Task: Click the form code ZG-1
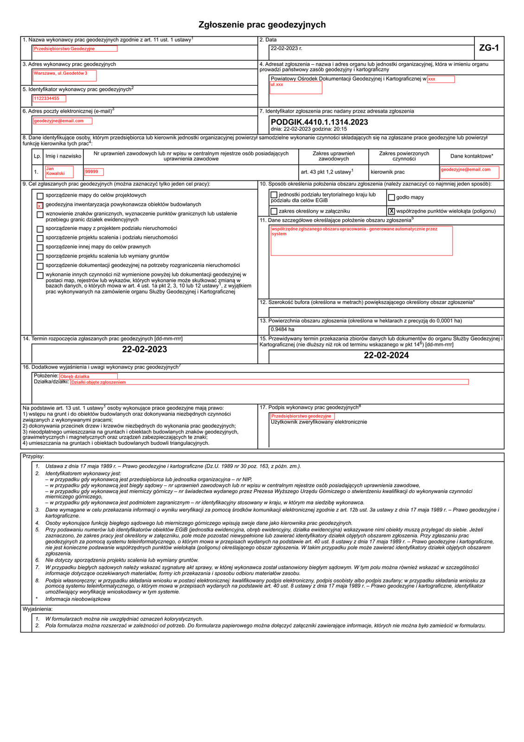[489, 48]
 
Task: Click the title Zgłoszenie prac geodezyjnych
[262, 25]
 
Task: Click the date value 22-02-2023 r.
[287, 48]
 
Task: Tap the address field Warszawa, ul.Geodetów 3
[64, 75]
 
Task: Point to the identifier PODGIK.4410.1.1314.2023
[320, 122]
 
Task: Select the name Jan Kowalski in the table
[59, 172]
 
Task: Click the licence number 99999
[94, 172]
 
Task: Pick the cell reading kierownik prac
[388, 172]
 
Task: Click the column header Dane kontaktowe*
[472, 156]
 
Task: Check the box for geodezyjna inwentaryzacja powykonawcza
[40, 205]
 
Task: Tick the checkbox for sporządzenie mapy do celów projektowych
[40, 196]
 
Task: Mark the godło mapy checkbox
[391, 198]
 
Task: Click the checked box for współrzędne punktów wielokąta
[391, 211]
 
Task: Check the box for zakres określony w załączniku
[274, 211]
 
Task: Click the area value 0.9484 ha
[282, 329]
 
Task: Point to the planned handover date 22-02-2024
[386, 356]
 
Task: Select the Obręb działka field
[88, 376]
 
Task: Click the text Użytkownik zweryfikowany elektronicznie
[319, 422]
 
